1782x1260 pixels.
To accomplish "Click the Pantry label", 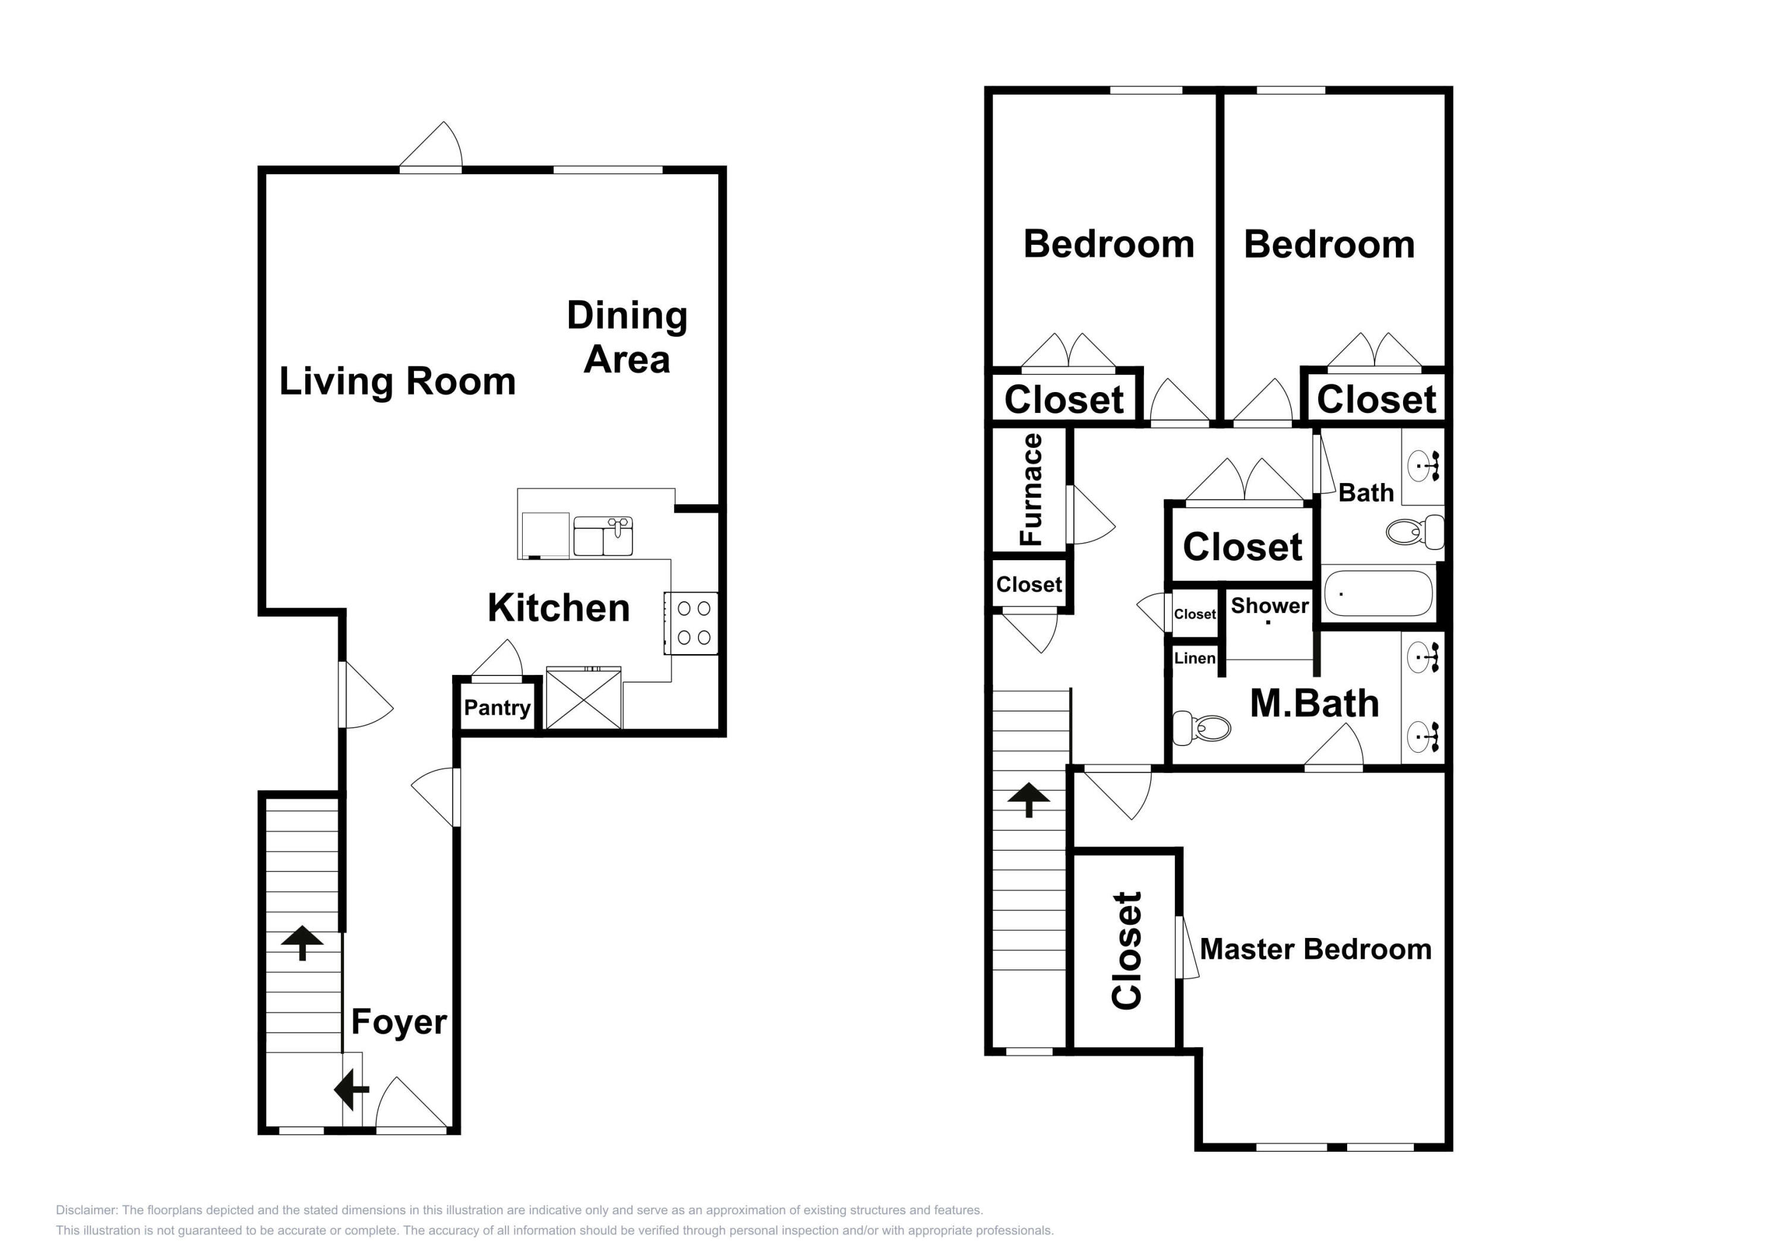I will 497,708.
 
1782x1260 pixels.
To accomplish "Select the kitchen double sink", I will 603,536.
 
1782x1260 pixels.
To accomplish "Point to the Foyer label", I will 399,1022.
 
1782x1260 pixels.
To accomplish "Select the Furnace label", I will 1031,490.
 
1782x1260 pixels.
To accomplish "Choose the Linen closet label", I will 1195,658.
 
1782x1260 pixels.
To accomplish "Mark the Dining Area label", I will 627,337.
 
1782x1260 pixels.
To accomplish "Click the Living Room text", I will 397,381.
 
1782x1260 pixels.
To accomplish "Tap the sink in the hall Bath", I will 1423,466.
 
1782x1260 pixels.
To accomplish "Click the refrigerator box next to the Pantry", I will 584,698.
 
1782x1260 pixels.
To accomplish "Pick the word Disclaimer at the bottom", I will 86,1210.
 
